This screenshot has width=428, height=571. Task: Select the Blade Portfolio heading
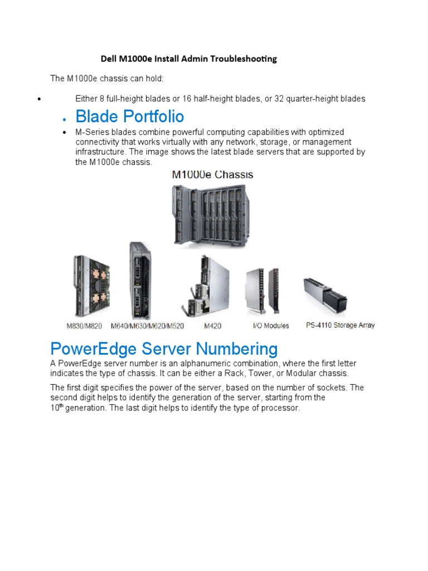129,117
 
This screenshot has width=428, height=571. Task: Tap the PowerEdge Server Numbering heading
163,349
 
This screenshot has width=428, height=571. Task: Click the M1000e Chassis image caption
212,175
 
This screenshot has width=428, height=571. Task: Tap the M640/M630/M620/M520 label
147,326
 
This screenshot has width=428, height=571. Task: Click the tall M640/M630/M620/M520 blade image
140,281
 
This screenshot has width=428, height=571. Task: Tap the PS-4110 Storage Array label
340,325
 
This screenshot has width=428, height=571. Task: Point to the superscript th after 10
62,405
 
